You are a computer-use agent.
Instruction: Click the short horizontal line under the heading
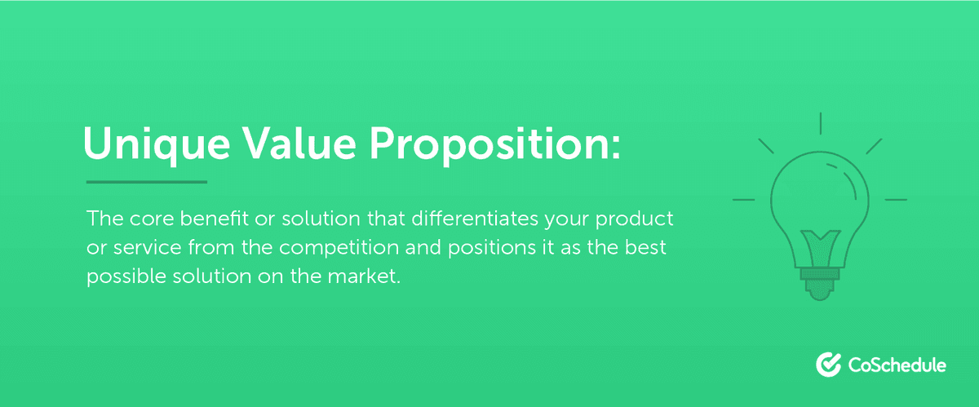click(147, 182)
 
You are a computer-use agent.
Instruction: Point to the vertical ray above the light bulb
click(820, 122)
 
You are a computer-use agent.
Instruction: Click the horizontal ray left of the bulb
click(743, 198)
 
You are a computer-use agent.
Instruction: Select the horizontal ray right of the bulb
click(896, 198)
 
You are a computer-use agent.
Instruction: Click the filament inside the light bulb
click(820, 245)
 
